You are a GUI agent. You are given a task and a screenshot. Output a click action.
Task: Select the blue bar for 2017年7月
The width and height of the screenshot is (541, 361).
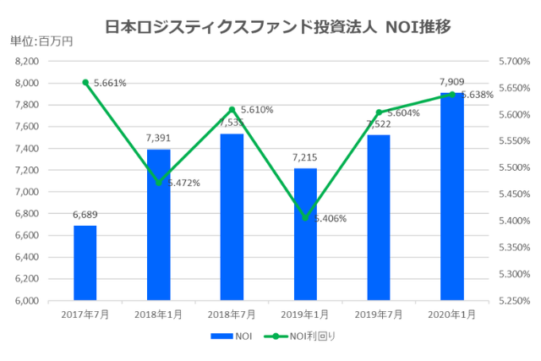[x=85, y=263]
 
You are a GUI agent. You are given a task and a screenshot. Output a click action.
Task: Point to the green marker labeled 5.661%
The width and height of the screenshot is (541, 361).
[x=85, y=82]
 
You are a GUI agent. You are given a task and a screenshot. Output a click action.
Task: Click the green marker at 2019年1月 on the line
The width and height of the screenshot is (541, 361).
[x=305, y=217]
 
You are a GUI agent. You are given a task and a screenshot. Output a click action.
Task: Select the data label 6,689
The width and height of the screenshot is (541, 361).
[x=85, y=215]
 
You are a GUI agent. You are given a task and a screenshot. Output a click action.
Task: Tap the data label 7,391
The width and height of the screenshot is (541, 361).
[x=158, y=139]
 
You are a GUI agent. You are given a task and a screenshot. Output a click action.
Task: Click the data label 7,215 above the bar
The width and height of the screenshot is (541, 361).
[x=305, y=157]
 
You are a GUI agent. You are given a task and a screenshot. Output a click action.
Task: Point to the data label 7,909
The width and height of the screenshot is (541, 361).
[x=452, y=82]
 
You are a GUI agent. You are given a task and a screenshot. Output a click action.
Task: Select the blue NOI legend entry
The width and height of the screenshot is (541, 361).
[x=232, y=336]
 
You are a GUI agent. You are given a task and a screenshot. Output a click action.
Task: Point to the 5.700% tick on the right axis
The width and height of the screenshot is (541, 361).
[x=512, y=62]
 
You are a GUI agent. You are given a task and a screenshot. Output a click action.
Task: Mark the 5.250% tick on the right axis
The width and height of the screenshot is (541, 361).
[x=512, y=300]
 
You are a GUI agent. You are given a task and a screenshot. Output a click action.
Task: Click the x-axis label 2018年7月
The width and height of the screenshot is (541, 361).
[x=232, y=315]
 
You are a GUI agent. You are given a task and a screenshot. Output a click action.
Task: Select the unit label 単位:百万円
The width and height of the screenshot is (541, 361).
[x=41, y=41]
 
